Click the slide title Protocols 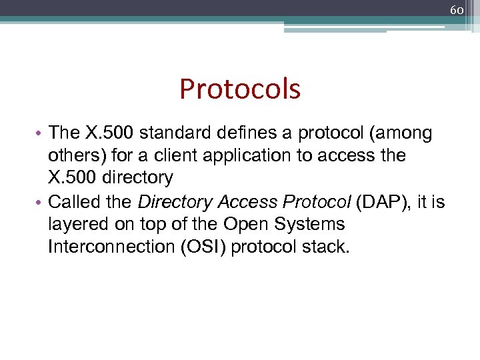click(x=240, y=89)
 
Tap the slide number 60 click(x=457, y=11)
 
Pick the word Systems click(x=309, y=224)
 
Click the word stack click(x=326, y=246)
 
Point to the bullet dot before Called click(x=41, y=202)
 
